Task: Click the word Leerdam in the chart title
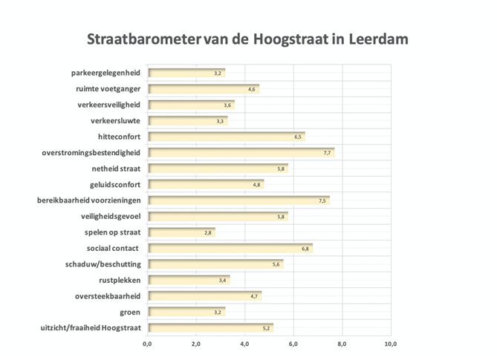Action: click(378, 39)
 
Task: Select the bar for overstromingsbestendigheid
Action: click(241, 153)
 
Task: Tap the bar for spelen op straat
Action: click(181, 232)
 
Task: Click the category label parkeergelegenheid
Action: click(105, 73)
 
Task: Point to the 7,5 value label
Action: click(322, 200)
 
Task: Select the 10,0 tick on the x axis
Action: click(391, 344)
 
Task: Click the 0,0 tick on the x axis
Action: click(147, 344)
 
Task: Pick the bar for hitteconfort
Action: click(227, 137)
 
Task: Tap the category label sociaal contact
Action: click(112, 248)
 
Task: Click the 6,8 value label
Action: click(305, 249)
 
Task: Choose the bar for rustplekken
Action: click(189, 281)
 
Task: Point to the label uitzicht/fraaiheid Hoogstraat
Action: click(91, 327)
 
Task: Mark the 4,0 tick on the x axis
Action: click(244, 344)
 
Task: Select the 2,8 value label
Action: click(207, 233)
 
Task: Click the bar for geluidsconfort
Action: click(206, 185)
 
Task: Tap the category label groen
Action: click(130, 312)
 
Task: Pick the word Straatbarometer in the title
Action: click(144, 39)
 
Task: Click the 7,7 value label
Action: click(327, 153)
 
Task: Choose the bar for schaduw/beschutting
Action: click(216, 264)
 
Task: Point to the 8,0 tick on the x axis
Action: click(342, 344)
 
